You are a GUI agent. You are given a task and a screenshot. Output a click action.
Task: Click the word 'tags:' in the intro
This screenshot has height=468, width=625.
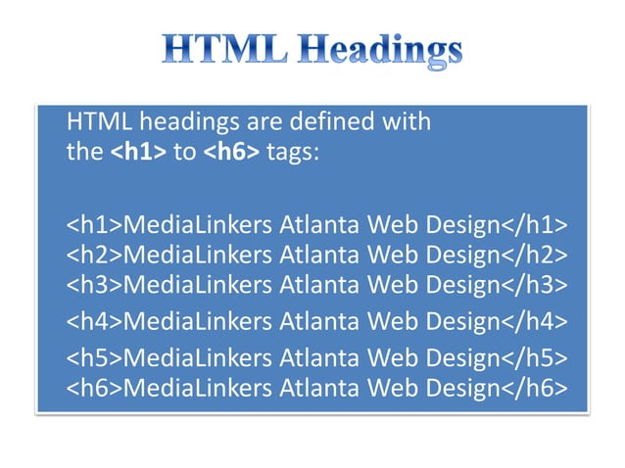pyautogui.click(x=293, y=154)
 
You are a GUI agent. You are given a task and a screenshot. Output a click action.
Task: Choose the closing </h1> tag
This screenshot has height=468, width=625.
pyautogui.click(x=535, y=226)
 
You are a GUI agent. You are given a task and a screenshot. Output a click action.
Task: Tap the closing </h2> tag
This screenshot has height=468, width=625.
pyautogui.click(x=535, y=256)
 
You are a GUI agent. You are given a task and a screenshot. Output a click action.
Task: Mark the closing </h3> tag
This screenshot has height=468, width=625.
pyautogui.click(x=535, y=285)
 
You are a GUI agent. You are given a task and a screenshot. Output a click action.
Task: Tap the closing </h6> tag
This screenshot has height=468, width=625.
pyautogui.click(x=535, y=386)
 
